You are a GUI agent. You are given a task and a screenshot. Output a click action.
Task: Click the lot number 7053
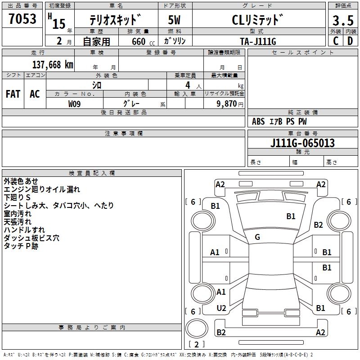22,18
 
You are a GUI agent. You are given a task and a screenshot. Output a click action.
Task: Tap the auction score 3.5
343,20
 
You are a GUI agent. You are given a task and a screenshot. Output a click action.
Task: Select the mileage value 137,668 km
53,65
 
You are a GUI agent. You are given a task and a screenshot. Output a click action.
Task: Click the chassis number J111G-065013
302,143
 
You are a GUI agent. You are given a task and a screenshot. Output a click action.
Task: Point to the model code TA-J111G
258,41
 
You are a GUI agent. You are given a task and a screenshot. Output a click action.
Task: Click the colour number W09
74,104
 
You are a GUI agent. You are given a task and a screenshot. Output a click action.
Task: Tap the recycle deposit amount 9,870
227,103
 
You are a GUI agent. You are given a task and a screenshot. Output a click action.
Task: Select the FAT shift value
13,94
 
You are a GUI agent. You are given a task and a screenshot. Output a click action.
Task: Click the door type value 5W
174,20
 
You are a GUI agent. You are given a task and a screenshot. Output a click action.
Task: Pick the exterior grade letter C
336,41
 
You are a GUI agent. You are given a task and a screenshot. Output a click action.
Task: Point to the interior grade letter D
350,41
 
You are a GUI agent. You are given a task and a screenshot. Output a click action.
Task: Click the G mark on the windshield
257,237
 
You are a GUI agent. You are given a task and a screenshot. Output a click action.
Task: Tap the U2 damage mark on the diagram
221,308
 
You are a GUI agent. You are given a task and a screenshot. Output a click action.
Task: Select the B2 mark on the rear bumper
221,332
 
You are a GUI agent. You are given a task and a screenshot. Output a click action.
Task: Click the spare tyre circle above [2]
197,328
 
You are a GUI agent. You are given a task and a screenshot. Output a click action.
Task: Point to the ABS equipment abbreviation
258,121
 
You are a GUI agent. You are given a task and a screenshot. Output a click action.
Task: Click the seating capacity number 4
188,85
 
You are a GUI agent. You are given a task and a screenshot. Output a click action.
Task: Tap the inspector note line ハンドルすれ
24,230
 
